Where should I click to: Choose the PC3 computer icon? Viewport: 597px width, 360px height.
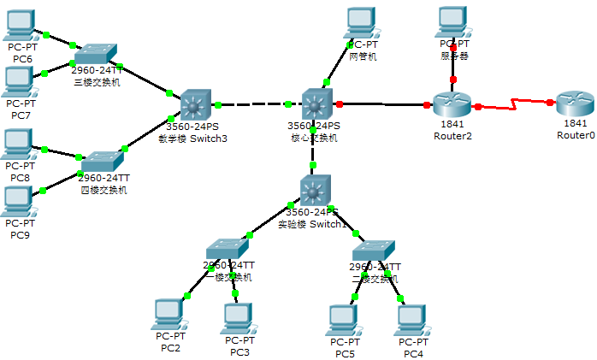click(237, 317)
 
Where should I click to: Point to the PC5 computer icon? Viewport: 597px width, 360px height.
click(344, 319)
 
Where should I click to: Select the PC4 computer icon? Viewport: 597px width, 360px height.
click(412, 319)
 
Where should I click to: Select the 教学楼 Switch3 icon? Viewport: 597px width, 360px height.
click(195, 104)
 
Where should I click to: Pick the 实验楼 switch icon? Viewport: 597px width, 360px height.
click(315, 190)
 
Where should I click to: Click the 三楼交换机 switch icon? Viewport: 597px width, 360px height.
click(95, 53)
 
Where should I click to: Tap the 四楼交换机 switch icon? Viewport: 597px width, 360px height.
click(102, 162)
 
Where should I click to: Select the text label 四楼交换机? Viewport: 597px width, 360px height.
click(103, 190)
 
